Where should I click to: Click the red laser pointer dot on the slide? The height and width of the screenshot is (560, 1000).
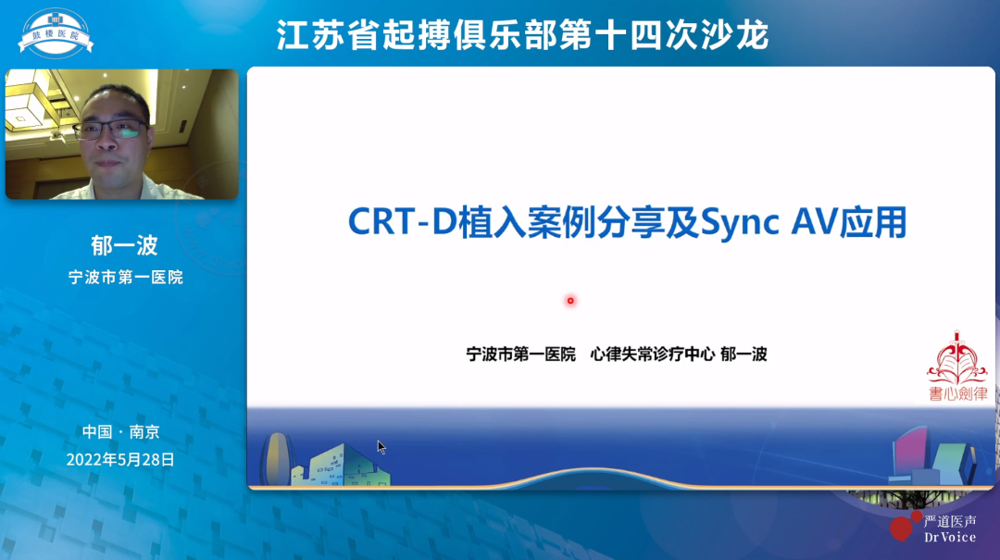[x=570, y=300]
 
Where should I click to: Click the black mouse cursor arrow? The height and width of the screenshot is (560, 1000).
[x=381, y=446]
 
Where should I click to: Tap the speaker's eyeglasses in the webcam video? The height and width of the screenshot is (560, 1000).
[x=109, y=129]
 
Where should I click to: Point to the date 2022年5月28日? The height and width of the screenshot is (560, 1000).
[x=120, y=459]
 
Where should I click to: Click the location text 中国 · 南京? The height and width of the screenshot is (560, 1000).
[x=120, y=431]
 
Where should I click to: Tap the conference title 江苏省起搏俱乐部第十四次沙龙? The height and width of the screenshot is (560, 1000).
[x=523, y=35]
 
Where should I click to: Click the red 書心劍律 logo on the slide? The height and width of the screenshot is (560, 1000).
[x=957, y=367]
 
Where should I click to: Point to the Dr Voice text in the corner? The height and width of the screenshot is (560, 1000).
[x=949, y=537]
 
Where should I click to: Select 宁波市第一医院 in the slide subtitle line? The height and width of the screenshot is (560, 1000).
[x=521, y=354]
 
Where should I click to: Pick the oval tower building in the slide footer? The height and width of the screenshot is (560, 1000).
[x=276, y=458]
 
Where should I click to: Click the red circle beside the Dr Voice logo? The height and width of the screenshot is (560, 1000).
[x=901, y=528]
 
